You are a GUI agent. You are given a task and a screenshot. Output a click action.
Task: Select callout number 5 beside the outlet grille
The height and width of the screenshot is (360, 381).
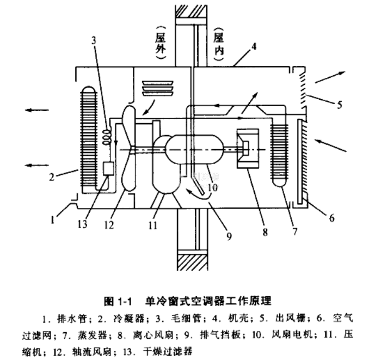point(339,103)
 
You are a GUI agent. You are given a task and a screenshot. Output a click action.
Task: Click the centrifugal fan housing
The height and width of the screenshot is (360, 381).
point(248,147)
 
